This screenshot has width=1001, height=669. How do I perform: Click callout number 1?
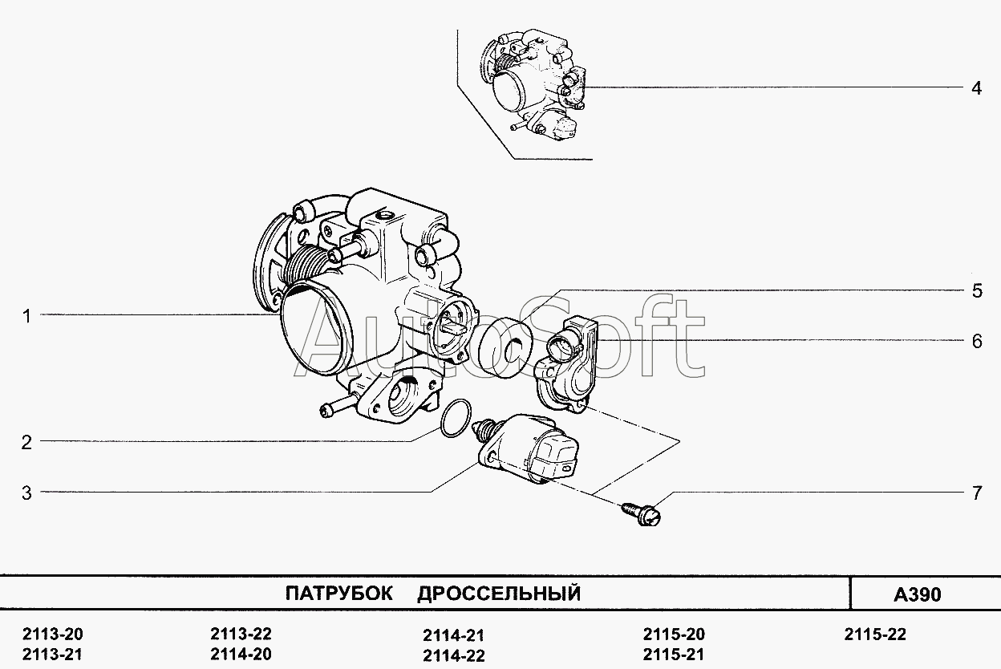point(26,317)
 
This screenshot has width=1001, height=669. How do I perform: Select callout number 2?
point(26,442)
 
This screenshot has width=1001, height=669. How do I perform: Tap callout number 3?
point(26,493)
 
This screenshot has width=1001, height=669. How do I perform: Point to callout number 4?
point(976,88)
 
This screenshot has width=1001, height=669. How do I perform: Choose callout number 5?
point(976,291)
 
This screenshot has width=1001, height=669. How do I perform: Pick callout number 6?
point(976,342)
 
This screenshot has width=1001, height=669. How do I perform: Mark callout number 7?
point(976,493)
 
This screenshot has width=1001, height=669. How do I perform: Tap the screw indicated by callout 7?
point(641,512)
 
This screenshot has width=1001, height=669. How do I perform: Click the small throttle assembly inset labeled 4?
point(533,88)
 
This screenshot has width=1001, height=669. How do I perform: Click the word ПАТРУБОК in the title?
point(339,594)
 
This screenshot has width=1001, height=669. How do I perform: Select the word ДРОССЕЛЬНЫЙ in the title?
point(498,594)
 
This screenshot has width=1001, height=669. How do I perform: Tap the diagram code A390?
point(918,595)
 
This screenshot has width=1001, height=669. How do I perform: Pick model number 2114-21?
point(453,635)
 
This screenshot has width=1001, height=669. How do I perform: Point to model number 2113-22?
point(241,634)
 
